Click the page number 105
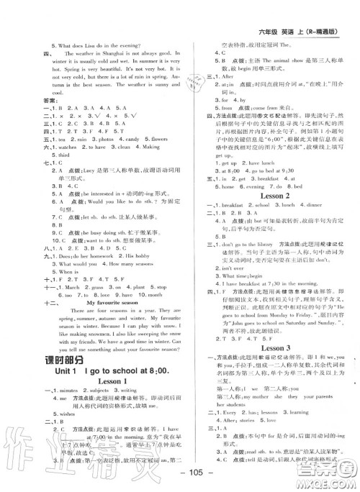[x=180, y=480]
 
